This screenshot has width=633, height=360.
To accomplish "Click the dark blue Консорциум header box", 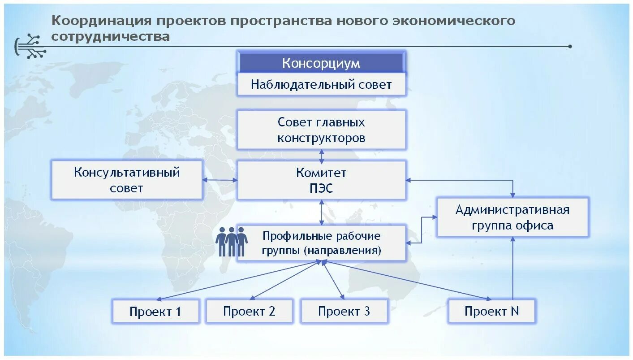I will click(x=321, y=63).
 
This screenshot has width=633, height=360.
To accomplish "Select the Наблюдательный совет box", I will click(x=321, y=84).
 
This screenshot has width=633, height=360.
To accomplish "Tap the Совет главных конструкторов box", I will click(x=321, y=130).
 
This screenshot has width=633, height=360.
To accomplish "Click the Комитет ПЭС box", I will click(x=321, y=180).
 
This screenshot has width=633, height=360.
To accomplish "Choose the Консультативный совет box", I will click(x=127, y=180).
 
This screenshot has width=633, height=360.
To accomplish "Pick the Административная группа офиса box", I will click(x=512, y=217).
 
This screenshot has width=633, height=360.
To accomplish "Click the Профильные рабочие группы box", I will click(x=321, y=243).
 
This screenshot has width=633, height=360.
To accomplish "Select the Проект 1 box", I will click(x=155, y=311).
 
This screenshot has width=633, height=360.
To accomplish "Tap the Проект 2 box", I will click(x=249, y=311).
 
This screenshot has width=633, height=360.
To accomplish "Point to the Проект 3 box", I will click(x=344, y=311).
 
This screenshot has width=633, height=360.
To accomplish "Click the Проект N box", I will click(x=491, y=311).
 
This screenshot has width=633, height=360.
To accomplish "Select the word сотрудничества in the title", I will click(x=110, y=36).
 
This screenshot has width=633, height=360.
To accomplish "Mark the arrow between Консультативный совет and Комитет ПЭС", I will click(x=220, y=180).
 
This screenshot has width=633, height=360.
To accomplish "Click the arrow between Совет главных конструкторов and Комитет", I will click(x=321, y=155).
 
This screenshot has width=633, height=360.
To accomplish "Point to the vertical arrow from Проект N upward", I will click(x=513, y=268).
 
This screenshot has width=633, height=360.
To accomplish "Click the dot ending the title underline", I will click(x=570, y=46).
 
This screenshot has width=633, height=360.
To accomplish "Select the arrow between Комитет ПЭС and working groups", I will click(x=321, y=212).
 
